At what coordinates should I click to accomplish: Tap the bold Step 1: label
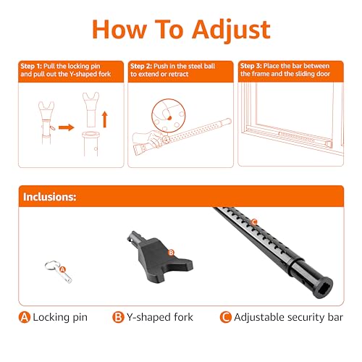34,65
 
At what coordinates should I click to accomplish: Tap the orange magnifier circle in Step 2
161,107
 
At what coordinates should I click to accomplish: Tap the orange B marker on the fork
171,253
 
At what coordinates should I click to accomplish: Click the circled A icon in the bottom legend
26,317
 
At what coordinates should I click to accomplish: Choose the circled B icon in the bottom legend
117,317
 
